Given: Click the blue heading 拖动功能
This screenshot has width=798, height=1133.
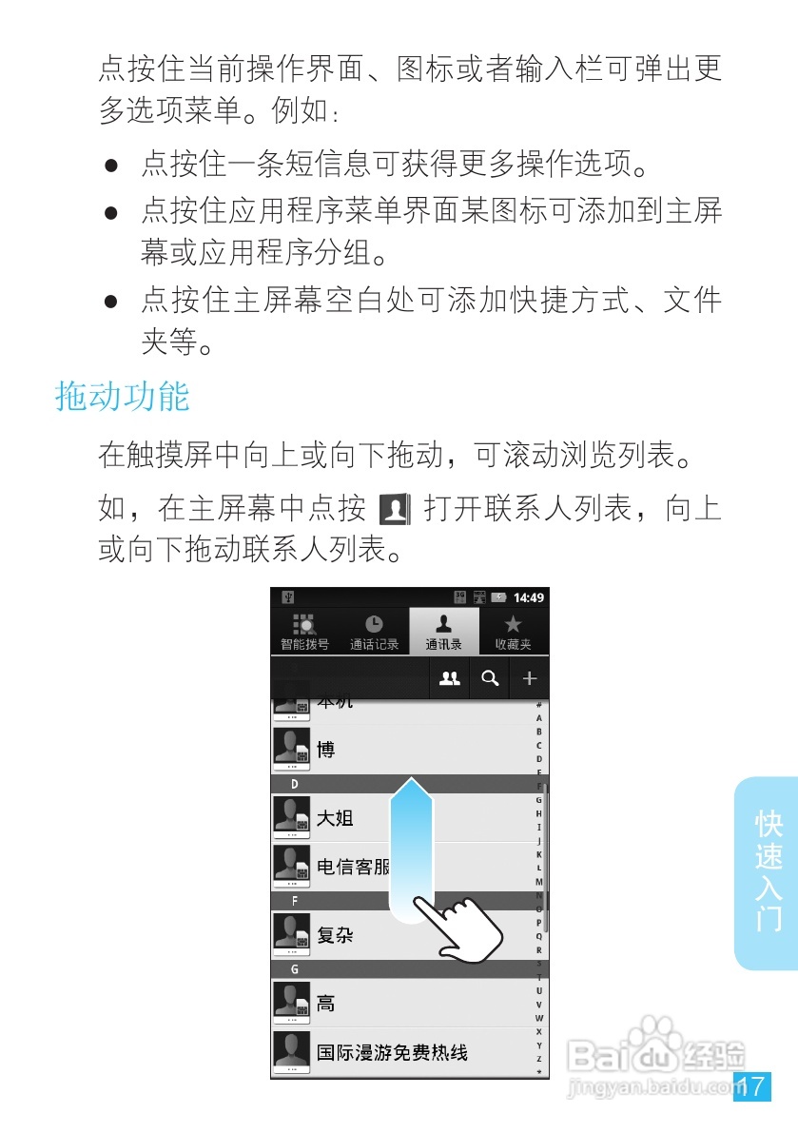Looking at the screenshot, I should pyautogui.click(x=123, y=397).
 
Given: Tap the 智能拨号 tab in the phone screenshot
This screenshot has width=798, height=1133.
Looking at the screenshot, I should pyautogui.click(x=304, y=632).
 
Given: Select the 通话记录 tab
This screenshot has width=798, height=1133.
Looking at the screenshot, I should pyautogui.click(x=374, y=632).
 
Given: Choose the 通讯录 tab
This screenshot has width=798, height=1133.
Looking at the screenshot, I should pyautogui.click(x=443, y=632).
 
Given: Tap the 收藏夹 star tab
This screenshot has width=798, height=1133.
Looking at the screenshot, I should pyautogui.click(x=513, y=632).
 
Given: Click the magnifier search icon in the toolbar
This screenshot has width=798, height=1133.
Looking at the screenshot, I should pyautogui.click(x=490, y=678).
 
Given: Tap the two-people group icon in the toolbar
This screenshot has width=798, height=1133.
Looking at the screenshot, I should pyautogui.click(x=450, y=678).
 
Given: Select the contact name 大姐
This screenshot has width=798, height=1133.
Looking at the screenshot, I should pyautogui.click(x=335, y=818).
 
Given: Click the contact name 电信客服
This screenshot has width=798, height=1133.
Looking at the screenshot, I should pyautogui.click(x=354, y=867).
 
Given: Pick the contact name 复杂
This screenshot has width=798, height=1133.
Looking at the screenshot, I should pyautogui.click(x=335, y=935).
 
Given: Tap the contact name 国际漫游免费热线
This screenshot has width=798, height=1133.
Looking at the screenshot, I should pyautogui.click(x=392, y=1053).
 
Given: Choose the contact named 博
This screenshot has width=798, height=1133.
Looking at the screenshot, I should pyautogui.click(x=325, y=750).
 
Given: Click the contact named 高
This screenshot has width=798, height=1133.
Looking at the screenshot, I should pyautogui.click(x=325, y=1004).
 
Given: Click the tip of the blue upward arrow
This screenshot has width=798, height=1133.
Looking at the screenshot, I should pyautogui.click(x=411, y=782).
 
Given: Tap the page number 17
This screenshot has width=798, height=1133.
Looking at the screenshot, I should pyautogui.click(x=751, y=1086).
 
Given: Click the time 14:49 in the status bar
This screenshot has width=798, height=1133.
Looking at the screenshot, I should pyautogui.click(x=529, y=597).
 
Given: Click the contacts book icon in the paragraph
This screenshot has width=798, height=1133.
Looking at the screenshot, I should pyautogui.click(x=394, y=510).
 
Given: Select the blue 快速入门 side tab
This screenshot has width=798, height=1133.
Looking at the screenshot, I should pyautogui.click(x=768, y=871).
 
